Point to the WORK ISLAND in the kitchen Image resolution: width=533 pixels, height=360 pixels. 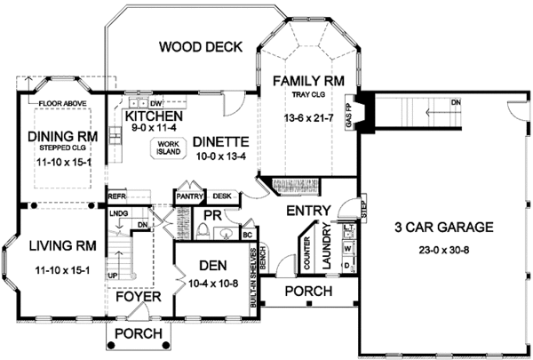coord(169,148)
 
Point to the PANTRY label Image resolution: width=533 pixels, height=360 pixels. coord(189,196)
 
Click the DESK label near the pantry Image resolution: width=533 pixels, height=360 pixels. coord(222,196)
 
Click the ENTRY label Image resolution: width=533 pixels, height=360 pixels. coord(308,211)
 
